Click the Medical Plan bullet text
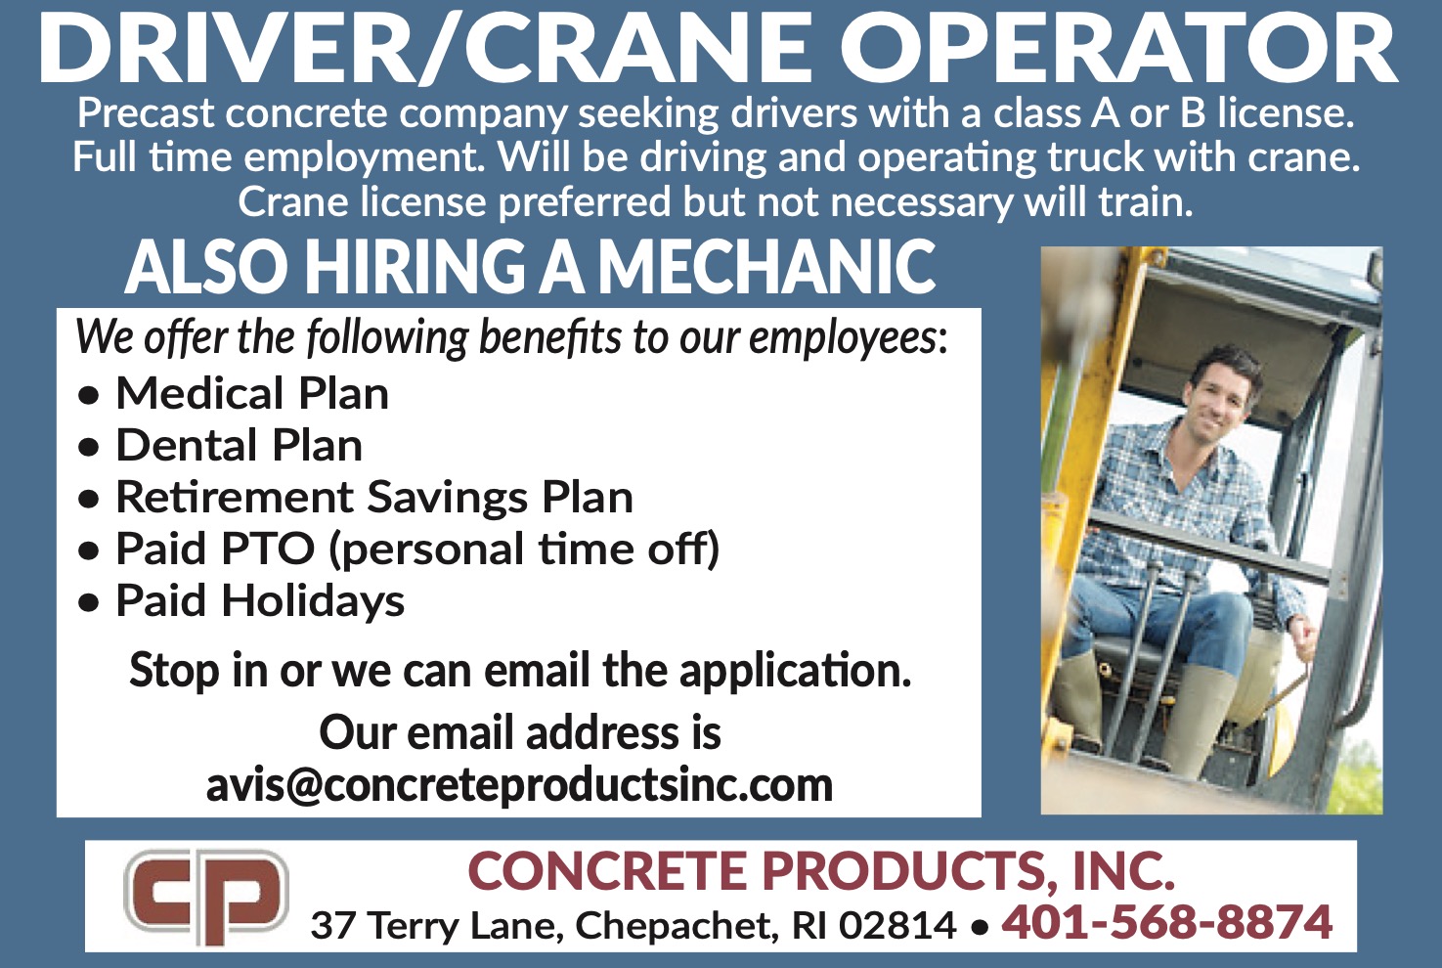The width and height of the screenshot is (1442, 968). click(252, 393)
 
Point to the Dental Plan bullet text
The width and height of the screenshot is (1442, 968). click(239, 445)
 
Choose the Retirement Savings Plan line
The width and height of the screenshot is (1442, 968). click(374, 498)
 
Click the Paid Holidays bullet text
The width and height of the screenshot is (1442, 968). click(260, 601)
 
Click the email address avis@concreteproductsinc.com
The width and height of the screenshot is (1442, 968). click(519, 786)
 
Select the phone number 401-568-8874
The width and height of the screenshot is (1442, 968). click(1166, 922)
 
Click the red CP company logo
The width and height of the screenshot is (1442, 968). click(206, 898)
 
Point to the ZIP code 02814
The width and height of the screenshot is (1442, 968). click(897, 926)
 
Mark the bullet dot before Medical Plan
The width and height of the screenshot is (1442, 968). click(88, 396)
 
